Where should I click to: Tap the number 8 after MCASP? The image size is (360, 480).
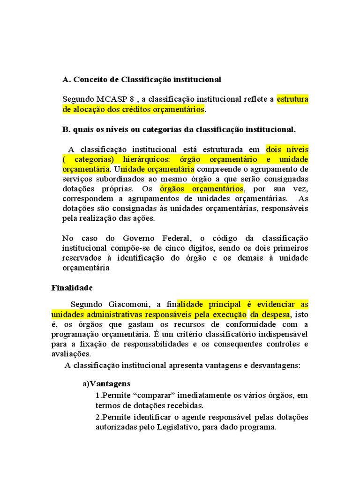pyautogui.click(x=126, y=99)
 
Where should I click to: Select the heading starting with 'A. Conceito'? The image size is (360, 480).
pyautogui.click(x=142, y=80)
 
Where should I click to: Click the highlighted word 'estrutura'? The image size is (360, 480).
pyautogui.click(x=292, y=99)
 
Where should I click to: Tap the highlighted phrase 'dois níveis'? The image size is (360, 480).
pyautogui.click(x=287, y=150)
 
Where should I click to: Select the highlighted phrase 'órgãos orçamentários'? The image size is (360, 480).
pyautogui.click(x=202, y=189)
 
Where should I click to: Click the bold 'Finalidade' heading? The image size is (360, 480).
pyautogui.click(x=72, y=287)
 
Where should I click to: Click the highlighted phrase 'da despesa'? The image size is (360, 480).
pyautogui.click(x=270, y=314)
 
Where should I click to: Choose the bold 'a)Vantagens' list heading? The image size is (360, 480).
pyautogui.click(x=106, y=383)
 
